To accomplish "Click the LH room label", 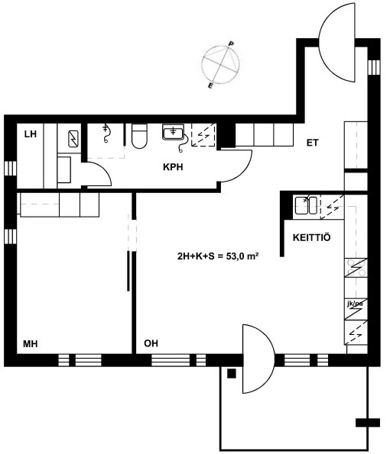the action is (x=31, y=134).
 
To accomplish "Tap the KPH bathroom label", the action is (x=173, y=167).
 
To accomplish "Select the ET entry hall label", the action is (x=312, y=143).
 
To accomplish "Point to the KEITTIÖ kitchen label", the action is (x=312, y=238).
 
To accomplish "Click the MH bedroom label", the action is (x=31, y=344).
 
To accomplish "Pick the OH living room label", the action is (x=151, y=343).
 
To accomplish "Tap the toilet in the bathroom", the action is (x=139, y=136).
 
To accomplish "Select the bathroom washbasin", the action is (x=174, y=133).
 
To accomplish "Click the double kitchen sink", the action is (x=306, y=205).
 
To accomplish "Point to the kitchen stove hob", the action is (x=356, y=268).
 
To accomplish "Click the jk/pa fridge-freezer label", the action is (x=355, y=304).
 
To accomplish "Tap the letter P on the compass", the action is (x=231, y=43).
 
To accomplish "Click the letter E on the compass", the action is (x=210, y=85).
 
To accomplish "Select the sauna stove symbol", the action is (x=73, y=139).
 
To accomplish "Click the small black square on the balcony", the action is (x=232, y=374).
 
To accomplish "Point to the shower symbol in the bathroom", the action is (x=106, y=134).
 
